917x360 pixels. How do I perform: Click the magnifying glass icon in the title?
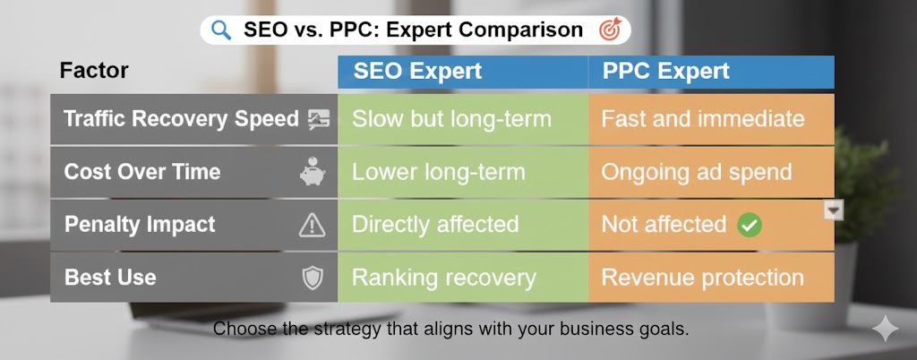[x=221, y=30]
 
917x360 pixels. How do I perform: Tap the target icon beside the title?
[x=610, y=30]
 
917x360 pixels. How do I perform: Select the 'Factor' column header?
[x=93, y=71]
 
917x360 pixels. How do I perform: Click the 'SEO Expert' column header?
[x=417, y=72]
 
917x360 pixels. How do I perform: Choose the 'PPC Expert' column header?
[x=666, y=72]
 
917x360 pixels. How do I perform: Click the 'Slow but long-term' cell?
[x=463, y=119]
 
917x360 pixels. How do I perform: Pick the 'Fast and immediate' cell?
[x=712, y=119]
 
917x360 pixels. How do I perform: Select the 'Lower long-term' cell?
[x=463, y=172]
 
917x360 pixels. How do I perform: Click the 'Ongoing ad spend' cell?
[x=712, y=172]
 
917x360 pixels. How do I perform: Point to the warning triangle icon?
[x=312, y=225]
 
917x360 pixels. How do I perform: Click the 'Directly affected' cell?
[x=463, y=225]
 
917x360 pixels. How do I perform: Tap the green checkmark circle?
[x=750, y=225]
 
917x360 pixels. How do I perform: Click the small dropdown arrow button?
[x=834, y=210]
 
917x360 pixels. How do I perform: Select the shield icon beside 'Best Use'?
[x=313, y=279]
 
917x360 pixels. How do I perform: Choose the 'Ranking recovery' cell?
[x=463, y=278]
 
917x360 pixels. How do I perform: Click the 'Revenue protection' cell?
[x=712, y=278]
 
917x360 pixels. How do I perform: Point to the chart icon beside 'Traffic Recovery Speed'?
[x=319, y=119]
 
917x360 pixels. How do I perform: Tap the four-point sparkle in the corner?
[x=885, y=329]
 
